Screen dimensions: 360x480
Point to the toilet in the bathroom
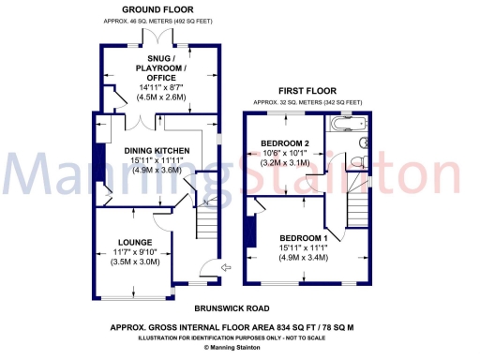[x=364, y=142]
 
